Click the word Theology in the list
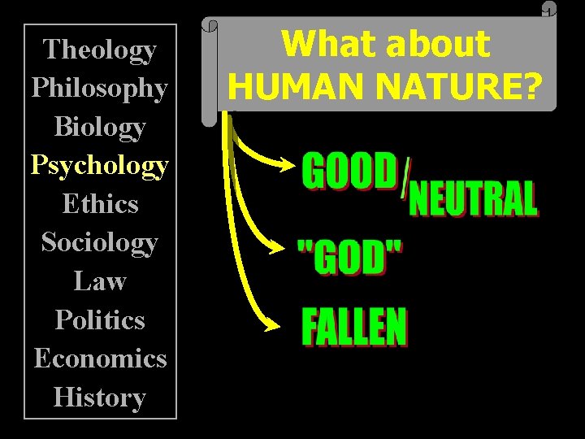click(100, 50)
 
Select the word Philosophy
click(100, 88)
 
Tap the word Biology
click(100, 127)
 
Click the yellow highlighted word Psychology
click(100, 165)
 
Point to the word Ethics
click(100, 203)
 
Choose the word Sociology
click(100, 242)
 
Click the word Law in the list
click(100, 280)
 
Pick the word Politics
click(100, 319)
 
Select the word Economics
click(100, 358)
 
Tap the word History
click(100, 397)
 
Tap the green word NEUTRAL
click(473, 200)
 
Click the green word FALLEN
click(354, 327)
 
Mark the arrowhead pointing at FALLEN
click(272, 327)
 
